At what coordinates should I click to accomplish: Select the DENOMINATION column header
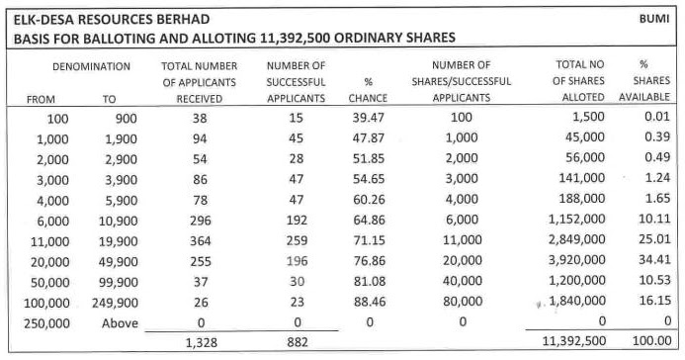coord(91,65)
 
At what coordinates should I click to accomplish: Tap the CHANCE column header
coord(368,98)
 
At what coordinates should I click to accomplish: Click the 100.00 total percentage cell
coord(650,341)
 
